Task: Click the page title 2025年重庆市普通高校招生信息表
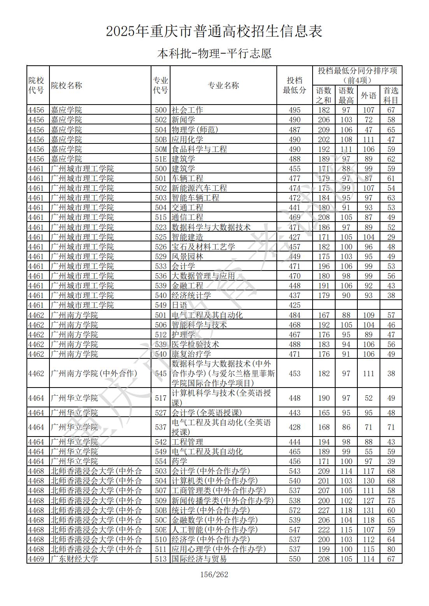coord(214,31)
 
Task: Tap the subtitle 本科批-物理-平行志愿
coord(214,53)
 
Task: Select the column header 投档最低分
coord(294,85)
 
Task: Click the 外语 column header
coord(368,95)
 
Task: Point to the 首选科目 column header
coord(391,95)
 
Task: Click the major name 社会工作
coord(187,110)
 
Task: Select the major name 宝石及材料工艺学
coord(203,247)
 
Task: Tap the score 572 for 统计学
coord(294,510)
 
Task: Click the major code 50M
coord(160,149)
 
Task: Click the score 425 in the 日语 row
coord(294,306)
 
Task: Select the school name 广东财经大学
coord(74,559)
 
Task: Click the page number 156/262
coord(214,575)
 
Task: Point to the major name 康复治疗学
coord(191,354)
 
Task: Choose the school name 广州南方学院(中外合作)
coord(94,374)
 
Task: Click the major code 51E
coord(160,159)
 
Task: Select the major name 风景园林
coord(187,257)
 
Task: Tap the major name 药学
coord(179,461)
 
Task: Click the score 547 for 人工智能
coord(294,530)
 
